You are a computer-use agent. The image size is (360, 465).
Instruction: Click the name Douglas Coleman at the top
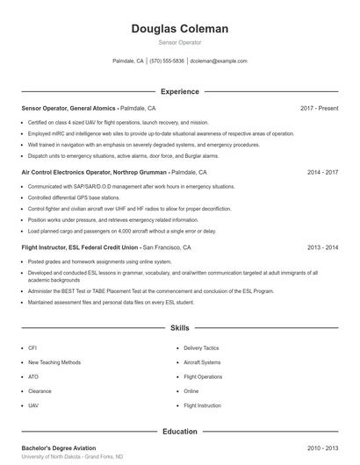point(179,29)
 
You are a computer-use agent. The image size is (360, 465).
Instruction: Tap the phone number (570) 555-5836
point(167,61)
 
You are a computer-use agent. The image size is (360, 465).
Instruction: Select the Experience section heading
point(179,91)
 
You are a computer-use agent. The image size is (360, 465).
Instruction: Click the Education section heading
point(179,432)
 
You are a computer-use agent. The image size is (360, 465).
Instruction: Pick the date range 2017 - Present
point(319,108)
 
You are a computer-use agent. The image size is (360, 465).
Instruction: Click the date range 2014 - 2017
point(322,173)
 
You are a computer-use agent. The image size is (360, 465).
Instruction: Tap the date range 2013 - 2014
point(322,248)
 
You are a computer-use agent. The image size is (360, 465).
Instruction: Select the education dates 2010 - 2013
point(322,448)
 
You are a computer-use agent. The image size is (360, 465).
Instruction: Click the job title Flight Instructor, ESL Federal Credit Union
point(80,248)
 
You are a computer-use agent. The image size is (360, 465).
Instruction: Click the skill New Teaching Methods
point(54,362)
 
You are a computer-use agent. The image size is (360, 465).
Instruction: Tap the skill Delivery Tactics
point(201,348)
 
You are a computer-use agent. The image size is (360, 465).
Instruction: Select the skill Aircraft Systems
point(202,362)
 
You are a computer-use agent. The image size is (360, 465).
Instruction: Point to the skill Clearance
point(40,391)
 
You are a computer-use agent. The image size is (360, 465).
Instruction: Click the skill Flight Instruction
point(203,406)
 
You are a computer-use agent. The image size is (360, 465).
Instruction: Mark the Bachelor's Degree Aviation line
point(59,448)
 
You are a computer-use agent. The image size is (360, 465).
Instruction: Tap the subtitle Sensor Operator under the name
point(179,42)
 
